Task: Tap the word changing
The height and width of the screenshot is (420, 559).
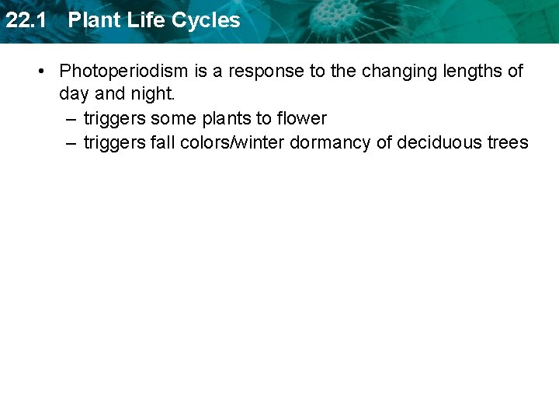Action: click(x=397, y=72)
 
